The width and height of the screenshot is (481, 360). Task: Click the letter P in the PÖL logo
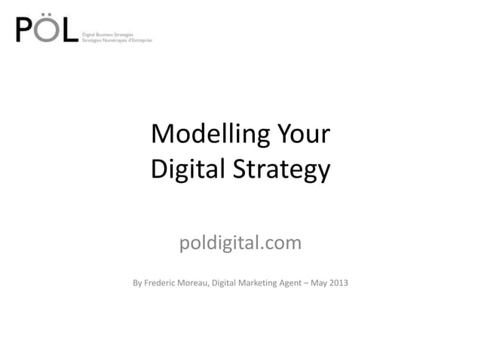coord(25,30)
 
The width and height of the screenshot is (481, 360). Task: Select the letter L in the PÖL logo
coord(69,31)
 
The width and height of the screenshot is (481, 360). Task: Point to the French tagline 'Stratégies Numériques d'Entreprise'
coord(117,39)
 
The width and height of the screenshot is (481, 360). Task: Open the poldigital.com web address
coord(240,243)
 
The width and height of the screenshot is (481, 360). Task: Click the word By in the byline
coord(138,283)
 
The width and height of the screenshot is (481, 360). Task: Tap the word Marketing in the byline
coord(264,283)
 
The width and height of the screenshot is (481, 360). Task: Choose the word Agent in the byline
coord(301,283)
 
